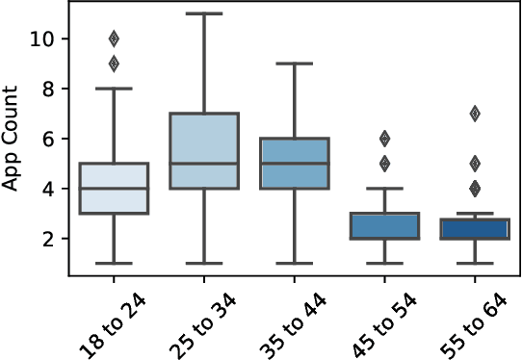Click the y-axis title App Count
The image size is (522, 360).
click(13, 139)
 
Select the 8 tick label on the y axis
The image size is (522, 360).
click(45, 89)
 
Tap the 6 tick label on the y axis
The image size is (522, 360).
click(45, 139)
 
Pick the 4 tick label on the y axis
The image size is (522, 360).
click(45, 189)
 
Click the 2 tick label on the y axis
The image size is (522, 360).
click(45, 239)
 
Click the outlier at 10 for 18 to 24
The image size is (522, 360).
click(114, 39)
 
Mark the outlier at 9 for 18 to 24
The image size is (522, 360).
click(114, 64)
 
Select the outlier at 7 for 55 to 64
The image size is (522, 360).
click(475, 114)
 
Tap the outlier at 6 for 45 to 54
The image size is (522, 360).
click(384, 139)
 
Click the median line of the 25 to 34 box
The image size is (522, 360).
click(204, 164)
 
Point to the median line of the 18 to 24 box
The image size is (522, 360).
click(114, 189)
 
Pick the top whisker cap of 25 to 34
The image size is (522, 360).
click(204, 13)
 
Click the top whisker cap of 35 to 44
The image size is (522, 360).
click(294, 64)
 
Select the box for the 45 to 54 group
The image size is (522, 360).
click(384, 226)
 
